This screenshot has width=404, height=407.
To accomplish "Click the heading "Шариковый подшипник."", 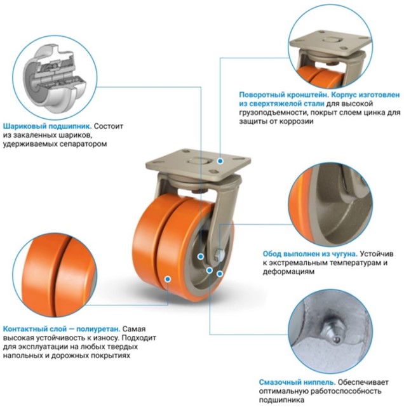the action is pyautogui.click(x=48, y=126).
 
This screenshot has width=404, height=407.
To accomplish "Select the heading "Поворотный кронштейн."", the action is pyautogui.click(x=284, y=95).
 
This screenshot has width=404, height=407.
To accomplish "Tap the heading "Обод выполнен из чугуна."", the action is pyautogui.click(x=310, y=254).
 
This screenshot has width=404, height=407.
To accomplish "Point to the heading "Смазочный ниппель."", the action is pyautogui.click(x=297, y=382).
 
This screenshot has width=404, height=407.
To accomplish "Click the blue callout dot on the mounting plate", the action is pyautogui.click(x=220, y=161).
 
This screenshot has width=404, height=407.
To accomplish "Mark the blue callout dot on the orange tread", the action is pyautogui.click(x=168, y=279).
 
